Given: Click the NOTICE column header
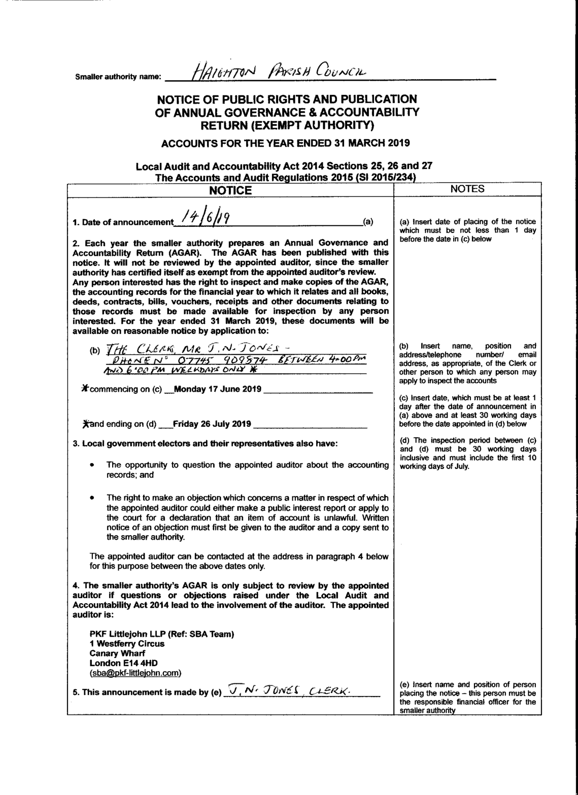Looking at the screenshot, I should [x=230, y=190].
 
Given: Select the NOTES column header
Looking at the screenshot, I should [x=467, y=189].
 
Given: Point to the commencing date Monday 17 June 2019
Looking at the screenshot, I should [x=217, y=389].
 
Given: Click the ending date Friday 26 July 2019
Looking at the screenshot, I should [x=212, y=424].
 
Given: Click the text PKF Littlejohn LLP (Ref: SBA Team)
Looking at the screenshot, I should [x=161, y=634].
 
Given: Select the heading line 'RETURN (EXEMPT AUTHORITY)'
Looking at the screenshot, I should [x=287, y=125].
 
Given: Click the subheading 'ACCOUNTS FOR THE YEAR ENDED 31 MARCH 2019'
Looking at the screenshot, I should [x=285, y=143].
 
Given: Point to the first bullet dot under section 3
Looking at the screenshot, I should [x=91, y=465].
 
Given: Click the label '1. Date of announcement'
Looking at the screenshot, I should [x=122, y=222].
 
